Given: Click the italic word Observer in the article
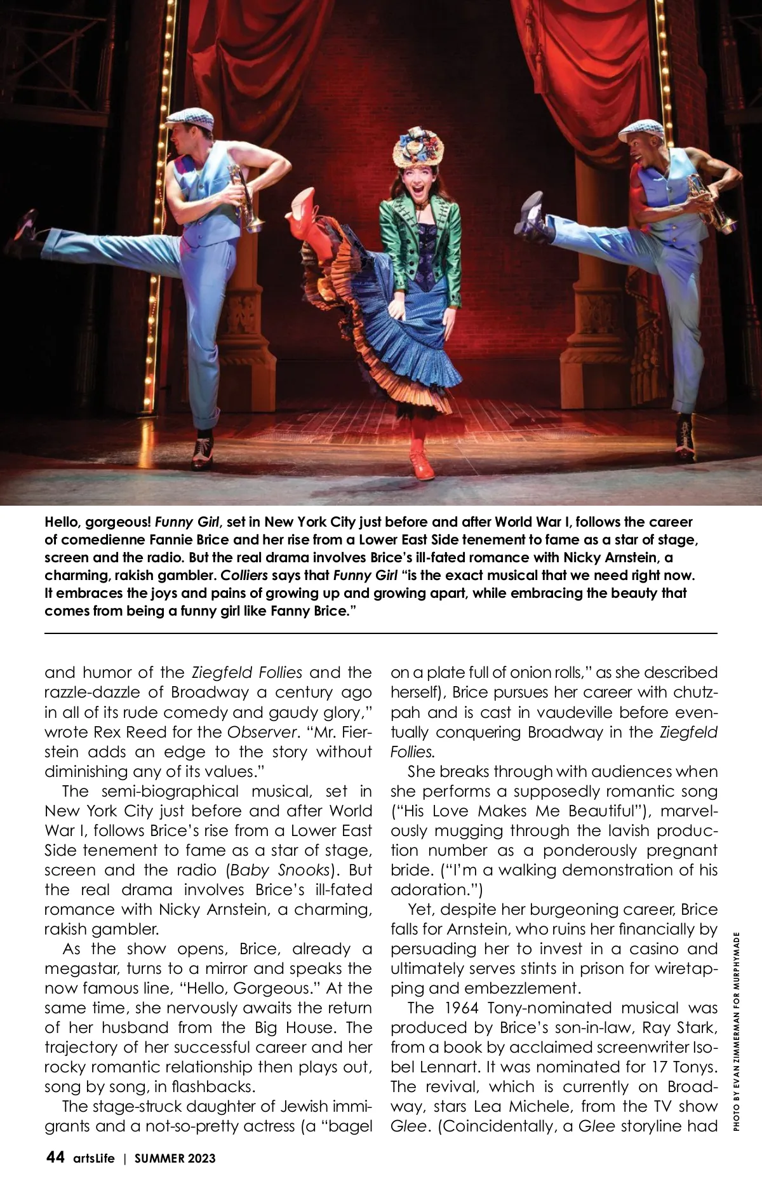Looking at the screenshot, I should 262,731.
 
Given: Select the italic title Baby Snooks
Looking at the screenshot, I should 282,870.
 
